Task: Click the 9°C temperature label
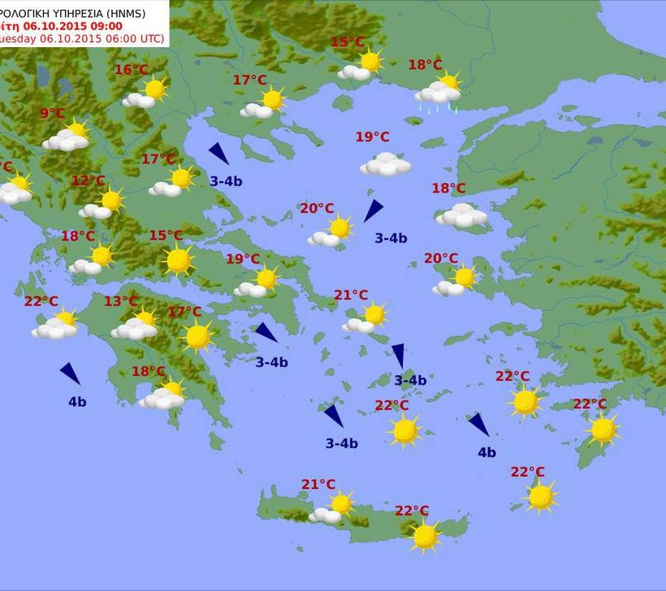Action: coord(52,114)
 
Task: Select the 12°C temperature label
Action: coord(88,180)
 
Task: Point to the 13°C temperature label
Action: coord(120,302)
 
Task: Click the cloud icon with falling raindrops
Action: coord(439,93)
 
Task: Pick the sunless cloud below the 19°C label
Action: coord(386,165)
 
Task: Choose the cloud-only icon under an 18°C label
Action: coord(462,215)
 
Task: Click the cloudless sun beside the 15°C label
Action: coord(178,260)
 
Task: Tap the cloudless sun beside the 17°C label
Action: coord(197,336)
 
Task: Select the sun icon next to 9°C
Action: coord(77,129)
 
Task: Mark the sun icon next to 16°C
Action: coord(154,88)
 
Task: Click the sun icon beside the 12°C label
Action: coord(111,200)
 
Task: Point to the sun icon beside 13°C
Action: coord(145,318)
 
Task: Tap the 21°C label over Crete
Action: coord(318,485)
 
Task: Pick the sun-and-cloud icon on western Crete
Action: coord(333,507)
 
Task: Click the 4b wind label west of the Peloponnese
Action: coord(77,402)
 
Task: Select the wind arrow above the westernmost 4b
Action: coord(70,373)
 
